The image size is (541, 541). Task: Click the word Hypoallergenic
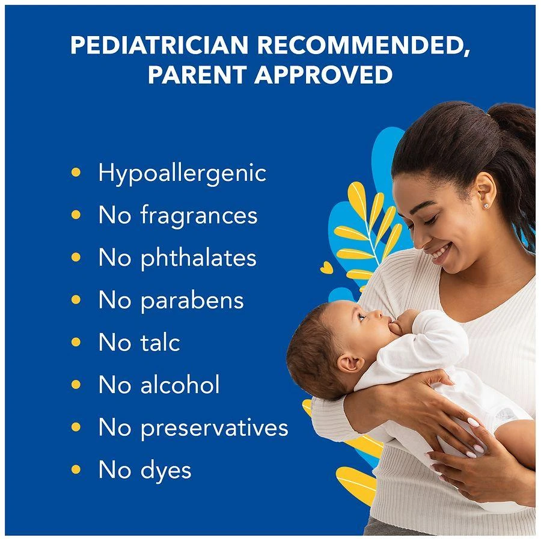pos(182,174)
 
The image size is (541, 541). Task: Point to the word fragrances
pos(199,216)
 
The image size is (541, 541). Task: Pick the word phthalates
pos(198,258)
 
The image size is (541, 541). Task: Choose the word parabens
pos(192,300)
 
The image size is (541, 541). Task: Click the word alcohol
pos(180,385)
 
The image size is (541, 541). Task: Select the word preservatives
pos(215,428)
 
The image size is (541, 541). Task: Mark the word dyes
pos(166,470)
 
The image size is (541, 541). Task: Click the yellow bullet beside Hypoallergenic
pos(76,173)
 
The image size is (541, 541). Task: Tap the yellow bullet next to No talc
pos(76,342)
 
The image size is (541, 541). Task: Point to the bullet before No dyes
pos(76,469)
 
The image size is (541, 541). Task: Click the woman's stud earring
pos(485,206)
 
